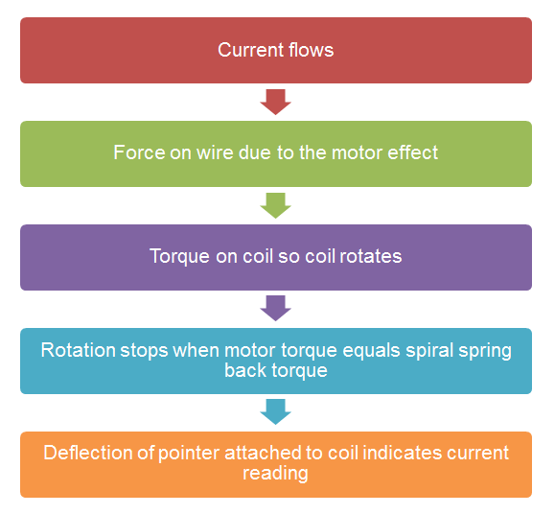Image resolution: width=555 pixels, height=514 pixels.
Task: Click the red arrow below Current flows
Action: (275, 102)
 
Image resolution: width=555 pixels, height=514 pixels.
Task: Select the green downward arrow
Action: (275, 205)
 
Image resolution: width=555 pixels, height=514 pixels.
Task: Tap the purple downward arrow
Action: (275, 309)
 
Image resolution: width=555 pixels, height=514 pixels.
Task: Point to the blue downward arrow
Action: (275, 411)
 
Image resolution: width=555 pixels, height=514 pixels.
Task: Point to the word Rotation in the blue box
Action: (79, 350)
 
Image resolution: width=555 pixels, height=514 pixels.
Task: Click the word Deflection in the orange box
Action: (88, 453)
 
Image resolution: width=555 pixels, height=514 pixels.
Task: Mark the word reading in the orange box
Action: (275, 474)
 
